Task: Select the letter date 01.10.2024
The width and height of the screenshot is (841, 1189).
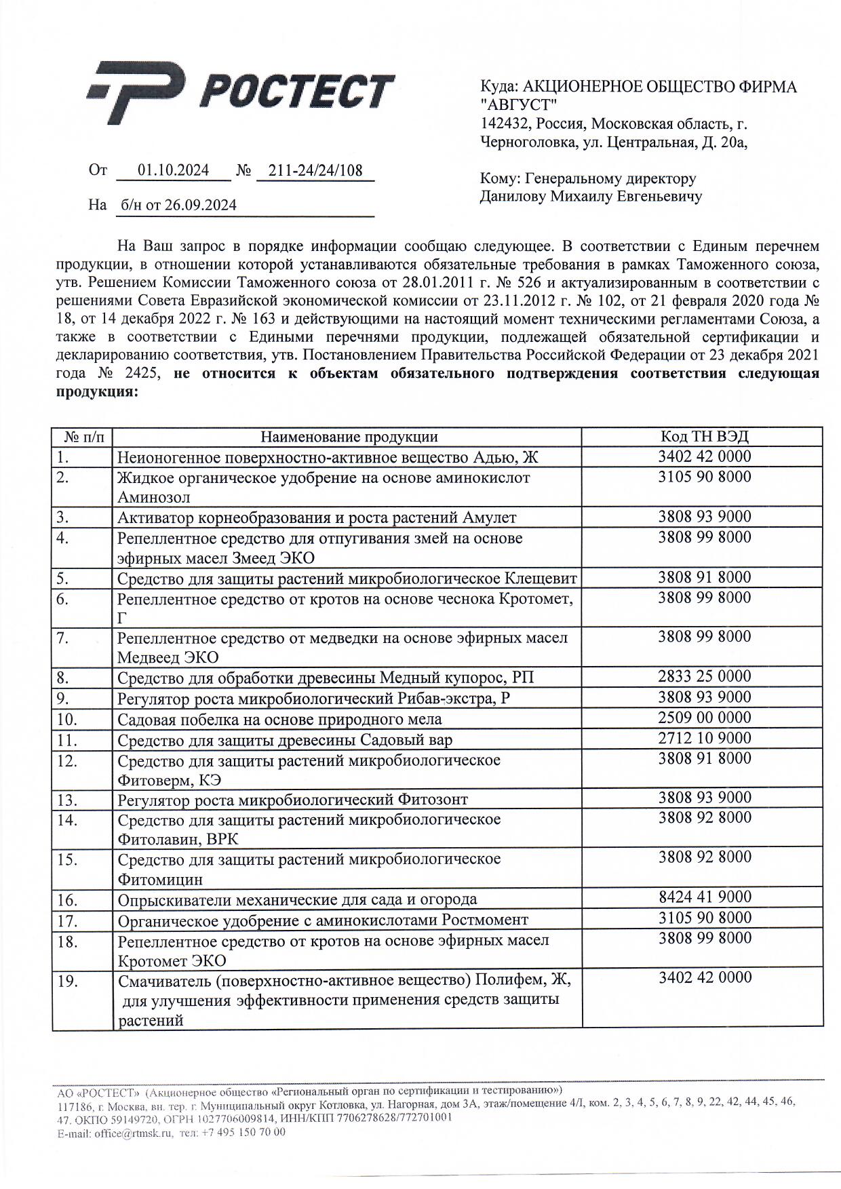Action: pyautogui.click(x=173, y=170)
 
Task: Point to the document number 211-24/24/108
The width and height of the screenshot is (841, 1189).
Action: pyautogui.click(x=315, y=170)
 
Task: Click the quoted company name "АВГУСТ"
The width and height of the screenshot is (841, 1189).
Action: pyautogui.click(x=518, y=105)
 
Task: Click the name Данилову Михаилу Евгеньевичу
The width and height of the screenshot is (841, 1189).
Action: pyautogui.click(x=591, y=197)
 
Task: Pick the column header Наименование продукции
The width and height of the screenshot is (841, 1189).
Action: pyautogui.click(x=349, y=437)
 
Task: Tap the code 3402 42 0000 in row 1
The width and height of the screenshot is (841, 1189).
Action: pyautogui.click(x=705, y=456)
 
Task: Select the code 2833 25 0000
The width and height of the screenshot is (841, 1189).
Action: pyautogui.click(x=705, y=676)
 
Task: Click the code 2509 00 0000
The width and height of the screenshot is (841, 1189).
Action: pyautogui.click(x=705, y=718)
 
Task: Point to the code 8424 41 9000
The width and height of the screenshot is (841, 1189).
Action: pyautogui.click(x=705, y=897)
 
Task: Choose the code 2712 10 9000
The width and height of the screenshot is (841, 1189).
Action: pyautogui.click(x=705, y=738)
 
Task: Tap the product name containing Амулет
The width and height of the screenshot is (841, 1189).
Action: pyautogui.click(x=317, y=518)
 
